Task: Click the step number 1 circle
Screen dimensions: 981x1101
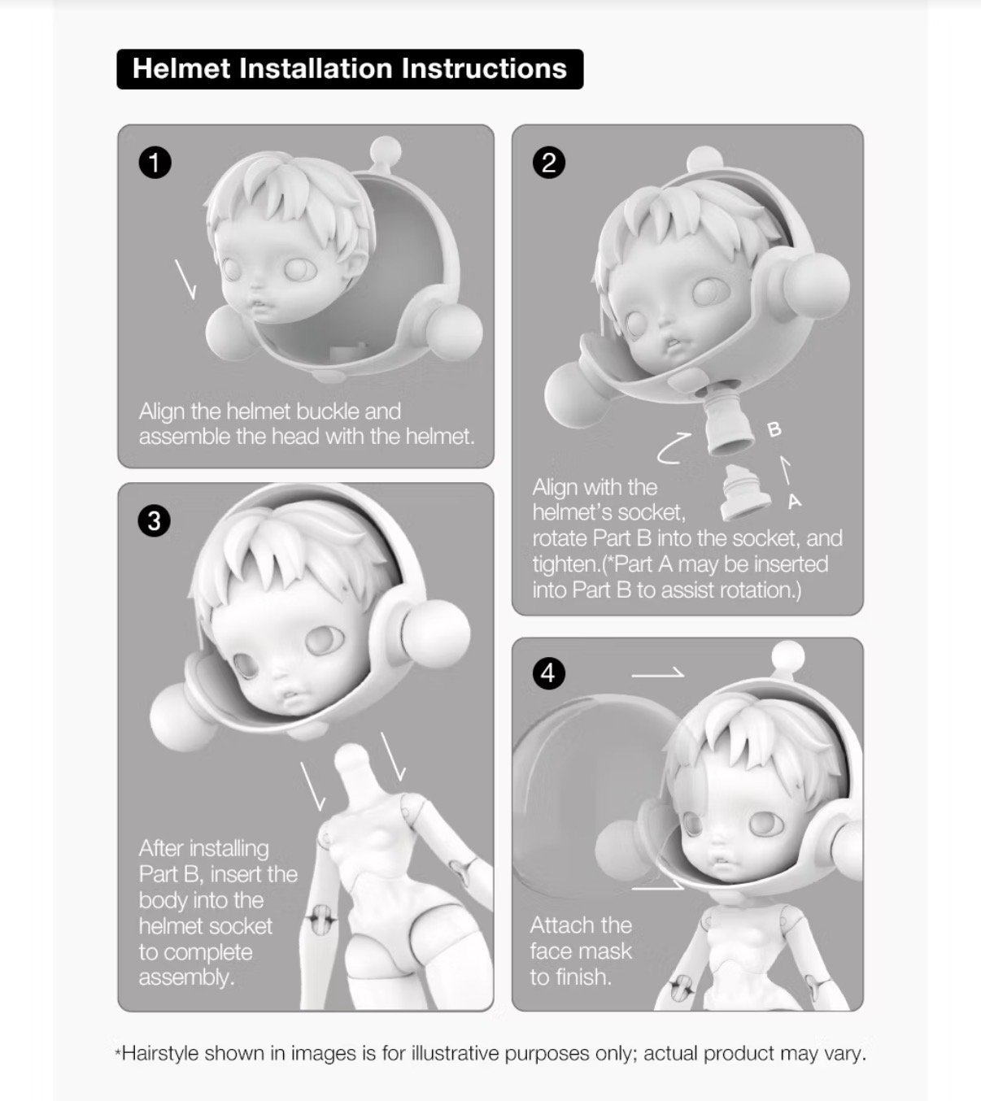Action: pos(155,163)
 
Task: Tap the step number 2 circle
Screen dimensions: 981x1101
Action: pos(549,163)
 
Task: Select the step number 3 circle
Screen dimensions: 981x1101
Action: pos(155,520)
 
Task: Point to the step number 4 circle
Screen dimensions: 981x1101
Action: pos(549,674)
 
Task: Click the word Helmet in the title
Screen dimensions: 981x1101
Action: pos(181,69)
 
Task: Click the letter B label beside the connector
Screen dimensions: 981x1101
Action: pos(774,430)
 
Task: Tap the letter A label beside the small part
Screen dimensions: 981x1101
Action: pos(795,501)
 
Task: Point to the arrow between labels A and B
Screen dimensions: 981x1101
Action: pos(785,469)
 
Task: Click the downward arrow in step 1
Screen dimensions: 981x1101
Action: pos(185,279)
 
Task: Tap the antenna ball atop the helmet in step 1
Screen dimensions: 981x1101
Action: pos(385,150)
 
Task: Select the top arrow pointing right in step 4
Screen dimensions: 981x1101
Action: pos(657,674)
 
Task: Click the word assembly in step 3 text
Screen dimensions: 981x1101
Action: pos(186,977)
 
